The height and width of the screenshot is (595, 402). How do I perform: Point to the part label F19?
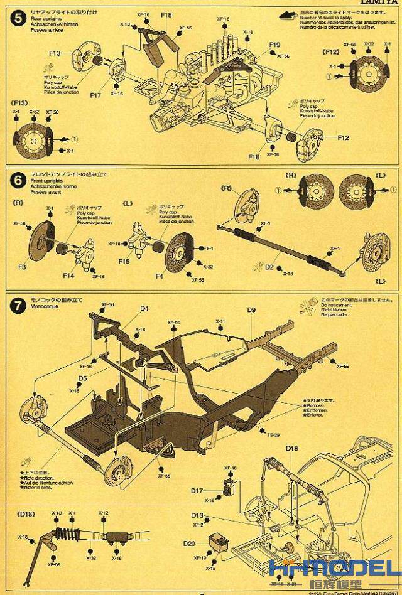click(274, 45)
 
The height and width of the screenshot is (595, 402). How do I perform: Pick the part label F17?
click(95, 95)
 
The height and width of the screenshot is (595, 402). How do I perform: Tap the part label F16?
click(254, 157)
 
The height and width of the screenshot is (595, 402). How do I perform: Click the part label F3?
click(22, 267)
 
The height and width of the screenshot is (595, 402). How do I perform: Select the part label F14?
click(68, 275)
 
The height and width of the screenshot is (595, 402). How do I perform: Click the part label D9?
click(251, 310)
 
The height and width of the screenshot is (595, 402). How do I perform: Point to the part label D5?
click(82, 378)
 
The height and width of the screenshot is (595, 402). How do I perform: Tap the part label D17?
click(197, 491)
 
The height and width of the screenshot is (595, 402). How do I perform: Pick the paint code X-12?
click(104, 513)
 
